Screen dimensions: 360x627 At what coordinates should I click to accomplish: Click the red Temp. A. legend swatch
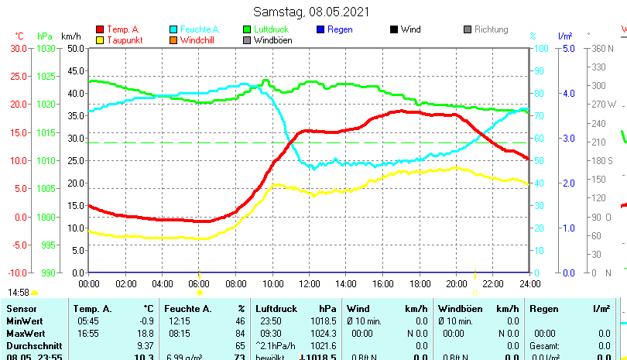100,29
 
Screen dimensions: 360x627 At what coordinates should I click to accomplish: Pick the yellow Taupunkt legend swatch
100,40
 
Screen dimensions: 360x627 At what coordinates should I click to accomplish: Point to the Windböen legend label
272,40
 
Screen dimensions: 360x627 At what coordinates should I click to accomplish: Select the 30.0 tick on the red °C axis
19,48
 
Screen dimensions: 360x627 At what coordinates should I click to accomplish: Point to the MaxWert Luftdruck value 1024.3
326,333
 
